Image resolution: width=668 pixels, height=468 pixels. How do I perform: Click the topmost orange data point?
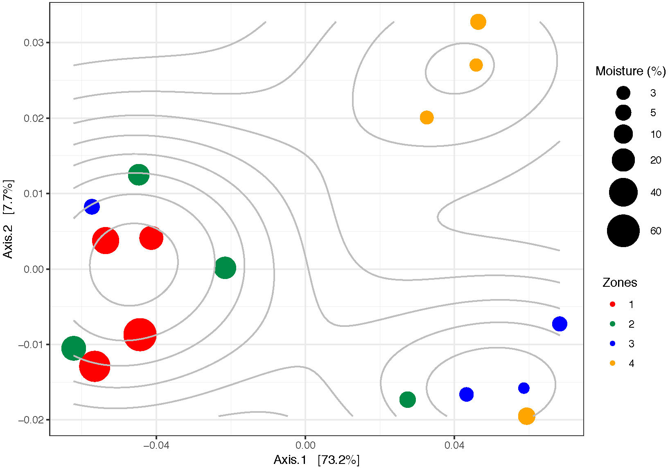point(478,22)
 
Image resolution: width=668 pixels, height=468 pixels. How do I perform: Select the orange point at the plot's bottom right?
point(526,416)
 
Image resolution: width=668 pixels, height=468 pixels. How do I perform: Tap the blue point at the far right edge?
point(560,324)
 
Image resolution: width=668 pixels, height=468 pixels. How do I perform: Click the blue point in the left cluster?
point(92,207)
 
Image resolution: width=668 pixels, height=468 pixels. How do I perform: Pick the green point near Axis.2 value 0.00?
point(225,268)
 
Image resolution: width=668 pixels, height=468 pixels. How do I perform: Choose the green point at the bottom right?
point(407,399)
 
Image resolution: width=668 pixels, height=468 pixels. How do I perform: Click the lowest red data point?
point(95,366)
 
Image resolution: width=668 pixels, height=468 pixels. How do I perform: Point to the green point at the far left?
point(74,348)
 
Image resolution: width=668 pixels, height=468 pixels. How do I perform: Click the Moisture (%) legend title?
point(630,71)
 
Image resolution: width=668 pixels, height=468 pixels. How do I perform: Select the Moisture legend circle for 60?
point(623,231)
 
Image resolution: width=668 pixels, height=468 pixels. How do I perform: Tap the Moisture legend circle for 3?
point(623,93)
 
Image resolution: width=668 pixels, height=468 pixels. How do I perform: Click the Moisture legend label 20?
point(655,160)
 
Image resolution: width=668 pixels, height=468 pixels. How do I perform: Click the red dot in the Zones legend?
point(612,304)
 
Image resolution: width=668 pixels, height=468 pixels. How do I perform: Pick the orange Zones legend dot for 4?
point(612,363)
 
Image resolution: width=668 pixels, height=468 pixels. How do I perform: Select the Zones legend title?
point(619,283)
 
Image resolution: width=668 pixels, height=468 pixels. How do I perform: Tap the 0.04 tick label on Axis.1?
point(454,445)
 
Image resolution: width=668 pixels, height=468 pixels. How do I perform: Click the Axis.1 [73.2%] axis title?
point(316,460)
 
